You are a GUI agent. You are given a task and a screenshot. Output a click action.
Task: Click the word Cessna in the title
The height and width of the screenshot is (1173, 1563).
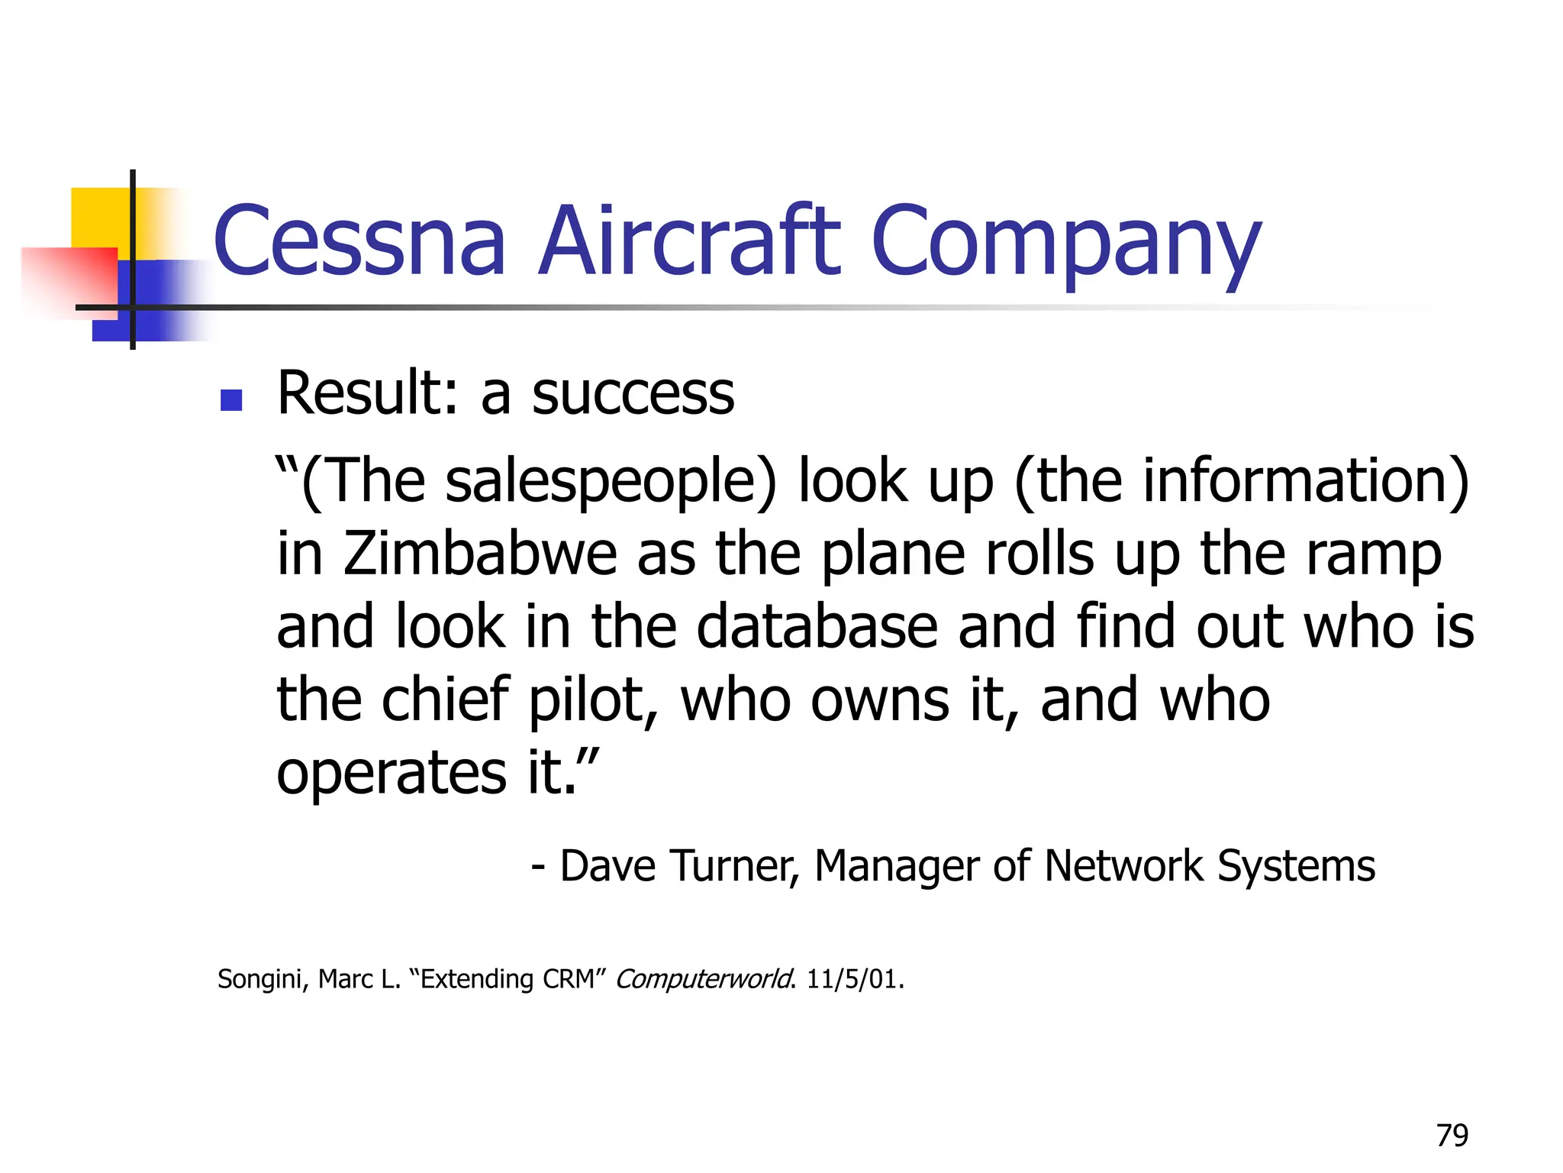[x=359, y=241]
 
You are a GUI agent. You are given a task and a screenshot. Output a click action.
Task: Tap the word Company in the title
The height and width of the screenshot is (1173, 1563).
[x=1065, y=243]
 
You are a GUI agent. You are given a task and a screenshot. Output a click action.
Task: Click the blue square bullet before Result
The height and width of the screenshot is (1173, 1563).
[x=230, y=399]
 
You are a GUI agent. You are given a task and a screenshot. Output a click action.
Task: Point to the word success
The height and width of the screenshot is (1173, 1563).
[x=633, y=394]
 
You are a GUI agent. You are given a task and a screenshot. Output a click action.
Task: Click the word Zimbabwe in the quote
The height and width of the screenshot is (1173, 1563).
[x=480, y=554]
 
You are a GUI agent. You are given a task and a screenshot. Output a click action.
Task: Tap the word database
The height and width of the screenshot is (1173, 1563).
[x=817, y=627]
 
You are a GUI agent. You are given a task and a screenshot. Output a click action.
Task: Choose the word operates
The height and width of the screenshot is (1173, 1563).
[x=392, y=773]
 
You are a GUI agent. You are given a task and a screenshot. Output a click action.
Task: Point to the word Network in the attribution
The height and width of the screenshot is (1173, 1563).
[x=1125, y=866]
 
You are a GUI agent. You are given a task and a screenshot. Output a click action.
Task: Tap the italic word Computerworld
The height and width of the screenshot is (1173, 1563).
[x=704, y=979]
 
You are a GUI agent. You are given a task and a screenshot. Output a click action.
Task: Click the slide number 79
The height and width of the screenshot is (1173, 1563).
[x=1452, y=1136]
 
